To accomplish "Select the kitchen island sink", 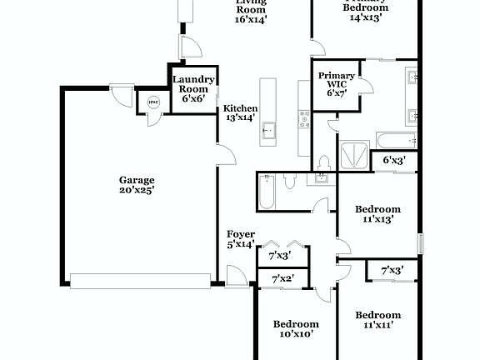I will coord(268,130).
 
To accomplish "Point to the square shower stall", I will coord(352,155).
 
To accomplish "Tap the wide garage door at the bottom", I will coord(140,281).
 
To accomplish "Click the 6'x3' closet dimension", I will coord(395,159).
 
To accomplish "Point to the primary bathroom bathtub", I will coord(395,138).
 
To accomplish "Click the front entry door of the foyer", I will coord(237,274).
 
